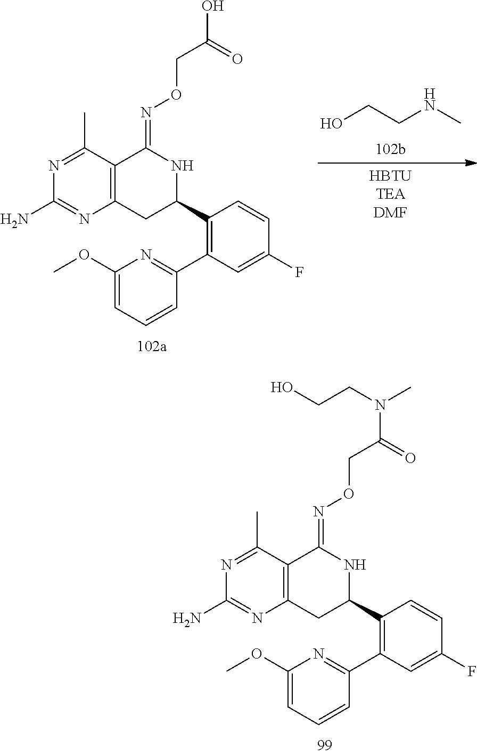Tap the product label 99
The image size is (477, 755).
click(x=324, y=745)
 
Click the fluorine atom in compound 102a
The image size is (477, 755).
click(x=300, y=273)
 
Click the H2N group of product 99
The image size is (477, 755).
click(x=186, y=618)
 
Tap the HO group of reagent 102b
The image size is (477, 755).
click(x=331, y=125)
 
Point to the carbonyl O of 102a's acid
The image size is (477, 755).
click(x=236, y=58)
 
